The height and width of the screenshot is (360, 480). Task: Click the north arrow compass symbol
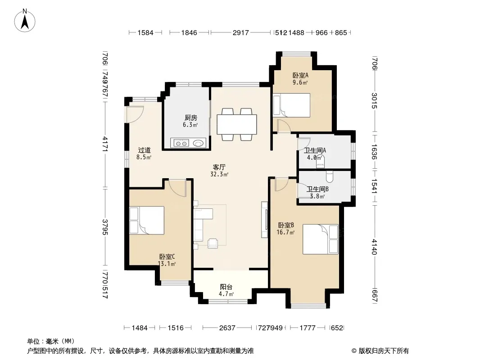click(25, 21)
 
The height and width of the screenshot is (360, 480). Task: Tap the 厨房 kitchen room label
click(191, 118)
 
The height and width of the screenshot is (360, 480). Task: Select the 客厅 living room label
click(219, 167)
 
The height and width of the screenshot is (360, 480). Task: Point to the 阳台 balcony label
click(226, 287)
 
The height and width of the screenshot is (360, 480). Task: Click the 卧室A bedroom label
click(300, 75)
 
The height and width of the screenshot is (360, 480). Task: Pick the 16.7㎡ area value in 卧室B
click(285, 233)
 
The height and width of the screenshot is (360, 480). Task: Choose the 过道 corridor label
click(144, 150)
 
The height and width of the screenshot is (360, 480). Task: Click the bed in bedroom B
click(321, 239)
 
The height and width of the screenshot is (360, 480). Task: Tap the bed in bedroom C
click(147, 220)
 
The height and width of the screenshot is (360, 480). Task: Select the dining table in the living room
click(237, 124)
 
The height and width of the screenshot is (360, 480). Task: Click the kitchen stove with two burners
click(181, 143)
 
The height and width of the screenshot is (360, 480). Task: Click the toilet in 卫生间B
click(330, 176)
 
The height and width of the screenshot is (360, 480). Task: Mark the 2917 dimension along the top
click(240, 32)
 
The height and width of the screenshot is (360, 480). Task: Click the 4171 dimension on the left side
click(105, 144)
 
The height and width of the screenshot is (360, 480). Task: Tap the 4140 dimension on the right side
click(374, 247)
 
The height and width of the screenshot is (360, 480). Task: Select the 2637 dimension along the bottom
click(227, 328)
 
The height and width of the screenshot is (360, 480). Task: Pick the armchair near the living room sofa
click(213, 243)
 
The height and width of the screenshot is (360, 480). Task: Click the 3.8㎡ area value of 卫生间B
click(317, 196)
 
